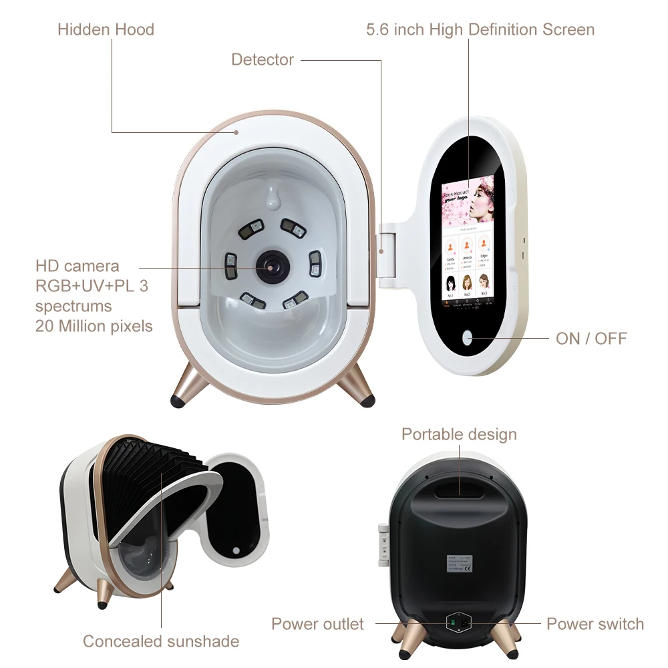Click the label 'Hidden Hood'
click(106, 29)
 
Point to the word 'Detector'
click(263, 59)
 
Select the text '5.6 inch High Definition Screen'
click(480, 29)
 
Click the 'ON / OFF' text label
click(591, 338)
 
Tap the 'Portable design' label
click(459, 434)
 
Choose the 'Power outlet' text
click(317, 624)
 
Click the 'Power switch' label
click(595, 624)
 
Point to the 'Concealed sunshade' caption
click(161, 641)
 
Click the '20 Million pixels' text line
click(94, 326)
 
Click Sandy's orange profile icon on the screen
click(451, 246)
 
